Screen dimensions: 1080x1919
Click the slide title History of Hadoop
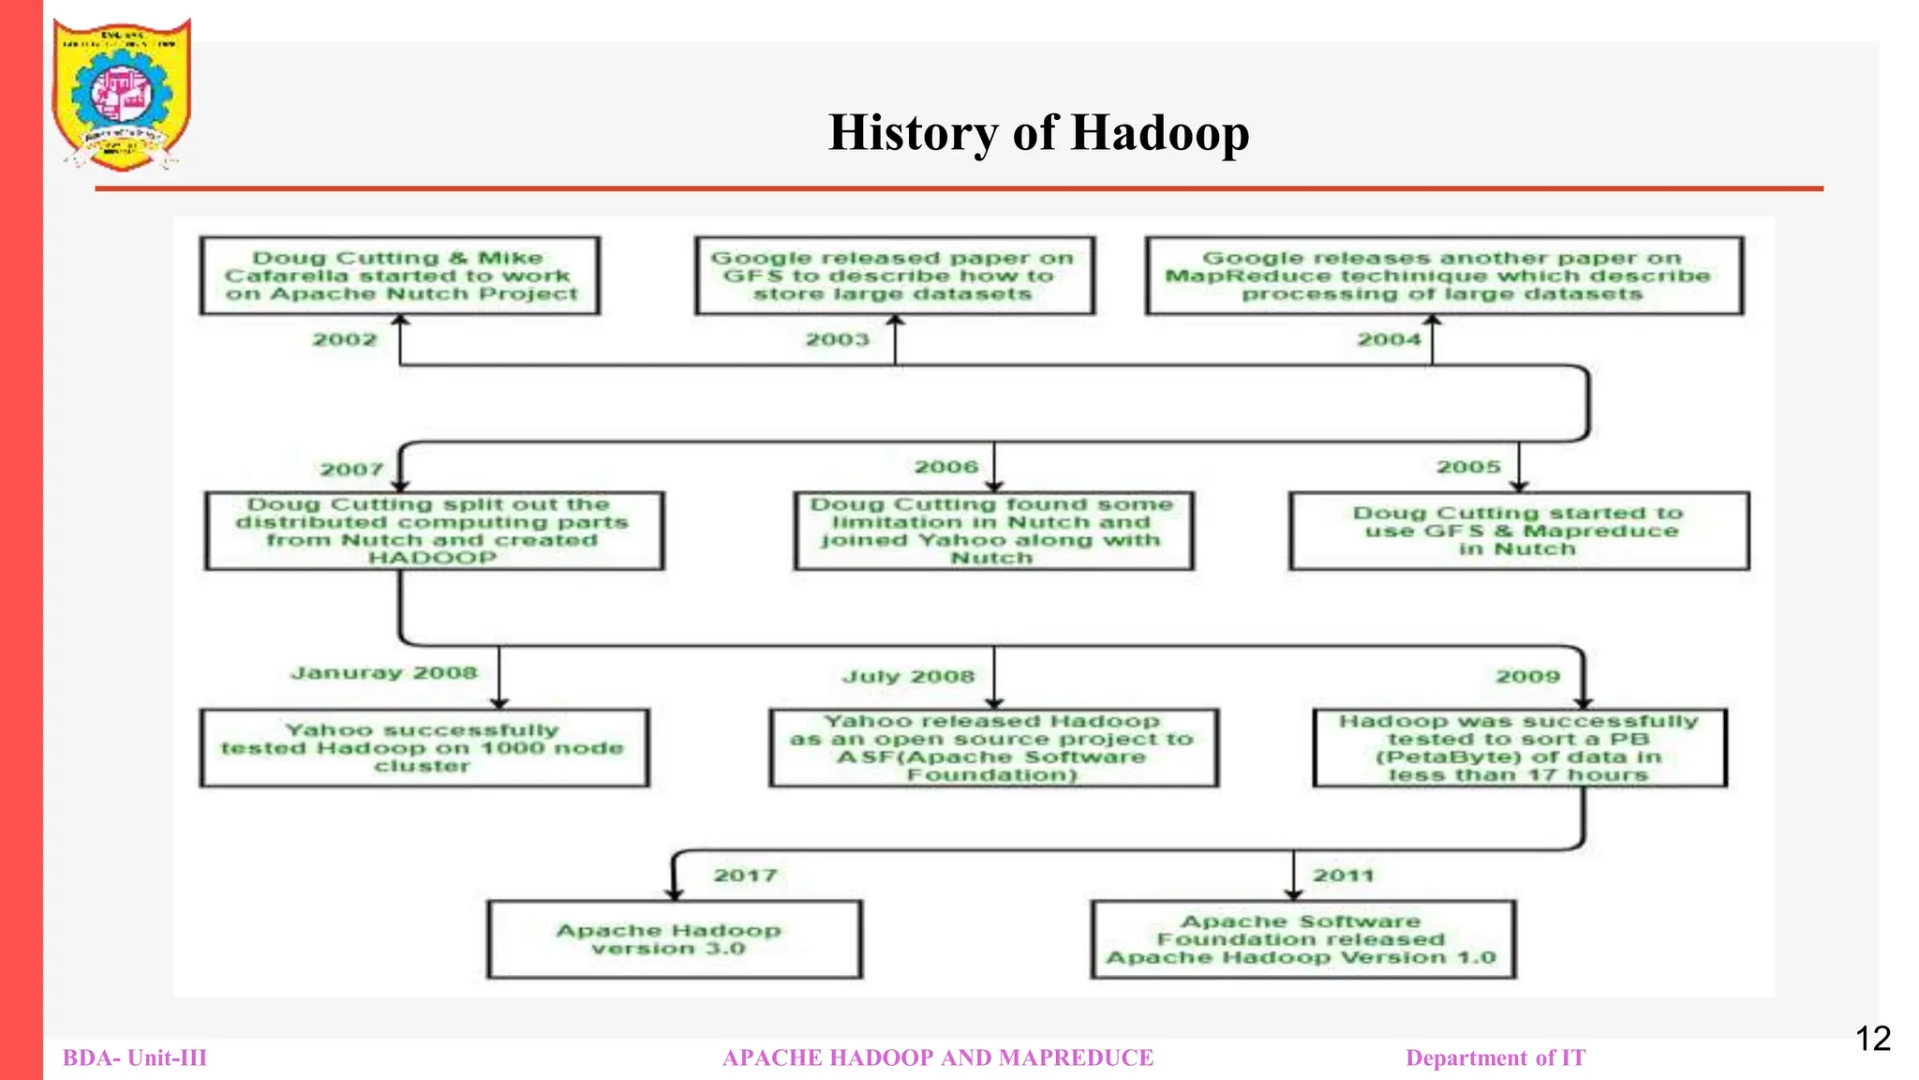pyautogui.click(x=1038, y=132)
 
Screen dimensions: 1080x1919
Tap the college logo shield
pyautogui.click(x=121, y=94)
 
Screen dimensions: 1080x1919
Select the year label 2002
pyautogui.click(x=345, y=339)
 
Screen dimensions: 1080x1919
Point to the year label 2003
pyautogui.click(x=838, y=339)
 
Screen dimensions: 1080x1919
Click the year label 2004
pyautogui.click(x=1390, y=339)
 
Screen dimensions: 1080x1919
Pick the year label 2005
pyautogui.click(x=1468, y=467)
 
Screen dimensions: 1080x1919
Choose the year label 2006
pyautogui.click(x=946, y=467)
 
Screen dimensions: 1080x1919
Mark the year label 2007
pyautogui.click(x=352, y=470)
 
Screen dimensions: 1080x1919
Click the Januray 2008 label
pyautogui.click(x=384, y=673)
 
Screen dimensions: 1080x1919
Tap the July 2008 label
pyautogui.click(x=908, y=677)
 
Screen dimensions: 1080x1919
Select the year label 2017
pyautogui.click(x=745, y=876)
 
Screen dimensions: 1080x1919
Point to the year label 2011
pyautogui.click(x=1343, y=876)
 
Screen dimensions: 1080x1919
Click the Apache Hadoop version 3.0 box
pyautogui.click(x=674, y=939)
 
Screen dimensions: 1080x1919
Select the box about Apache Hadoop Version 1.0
pyautogui.click(x=1302, y=939)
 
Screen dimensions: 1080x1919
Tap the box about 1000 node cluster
pyautogui.click(x=424, y=748)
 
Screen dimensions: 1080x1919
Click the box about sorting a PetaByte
pyautogui.click(x=1519, y=748)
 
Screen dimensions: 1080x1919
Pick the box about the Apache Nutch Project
pyautogui.click(x=400, y=276)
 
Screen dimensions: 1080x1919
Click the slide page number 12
pyautogui.click(x=1873, y=1039)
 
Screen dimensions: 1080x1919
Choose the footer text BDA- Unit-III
pyautogui.click(x=135, y=1058)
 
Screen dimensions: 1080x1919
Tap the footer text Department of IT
pyautogui.click(x=1495, y=1058)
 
